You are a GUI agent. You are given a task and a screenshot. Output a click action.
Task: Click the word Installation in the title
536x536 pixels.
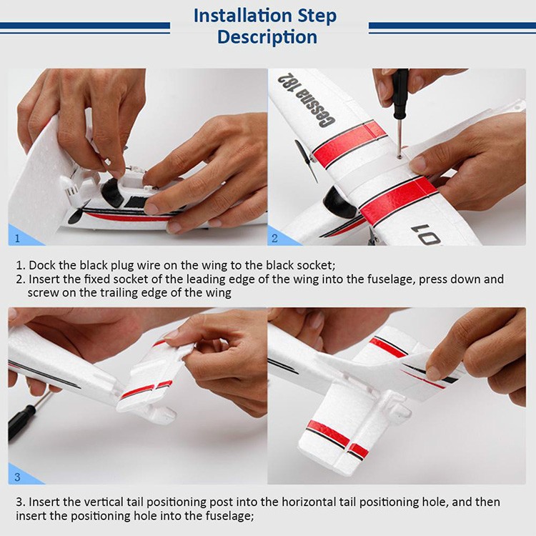(x=242, y=16)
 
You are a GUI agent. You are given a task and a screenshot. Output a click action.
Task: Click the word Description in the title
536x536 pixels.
(x=267, y=37)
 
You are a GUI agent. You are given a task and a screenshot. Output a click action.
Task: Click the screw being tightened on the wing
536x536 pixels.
(x=399, y=157)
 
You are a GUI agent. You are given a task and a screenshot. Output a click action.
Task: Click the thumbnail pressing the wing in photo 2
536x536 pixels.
(x=419, y=164)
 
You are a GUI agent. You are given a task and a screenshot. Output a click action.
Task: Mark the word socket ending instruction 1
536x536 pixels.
(x=315, y=266)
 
